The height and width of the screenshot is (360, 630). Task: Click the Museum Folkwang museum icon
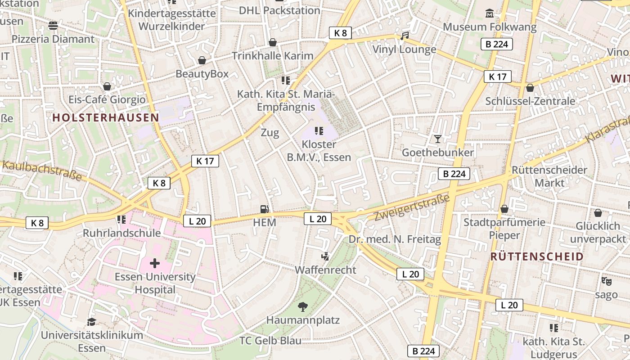coord(490,13)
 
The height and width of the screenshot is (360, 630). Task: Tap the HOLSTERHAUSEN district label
coord(106,118)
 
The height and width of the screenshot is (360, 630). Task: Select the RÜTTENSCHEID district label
coord(537,256)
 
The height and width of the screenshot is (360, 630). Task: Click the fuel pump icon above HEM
coord(265,209)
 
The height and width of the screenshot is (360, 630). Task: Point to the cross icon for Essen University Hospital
coord(155,263)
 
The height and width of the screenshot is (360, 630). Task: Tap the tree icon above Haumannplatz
coord(303,307)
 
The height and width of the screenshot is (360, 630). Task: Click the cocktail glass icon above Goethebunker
coord(437,139)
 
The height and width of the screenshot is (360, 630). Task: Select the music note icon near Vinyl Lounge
coord(405,36)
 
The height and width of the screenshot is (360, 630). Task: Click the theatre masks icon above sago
coord(606,281)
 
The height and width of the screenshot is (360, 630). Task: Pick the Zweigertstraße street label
coord(412,208)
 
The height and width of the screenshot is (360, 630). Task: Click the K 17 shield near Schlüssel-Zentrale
coord(498,76)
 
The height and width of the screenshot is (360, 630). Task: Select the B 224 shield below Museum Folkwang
coord(497,44)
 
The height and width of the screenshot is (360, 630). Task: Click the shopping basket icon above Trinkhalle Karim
coord(272,42)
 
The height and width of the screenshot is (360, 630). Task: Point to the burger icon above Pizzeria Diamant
coord(53,26)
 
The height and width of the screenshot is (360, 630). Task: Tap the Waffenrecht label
coord(325,270)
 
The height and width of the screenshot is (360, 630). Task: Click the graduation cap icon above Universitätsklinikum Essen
coord(91,322)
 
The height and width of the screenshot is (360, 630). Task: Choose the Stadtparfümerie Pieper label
coord(504,229)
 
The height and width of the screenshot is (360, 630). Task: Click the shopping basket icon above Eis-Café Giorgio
coord(107,86)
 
